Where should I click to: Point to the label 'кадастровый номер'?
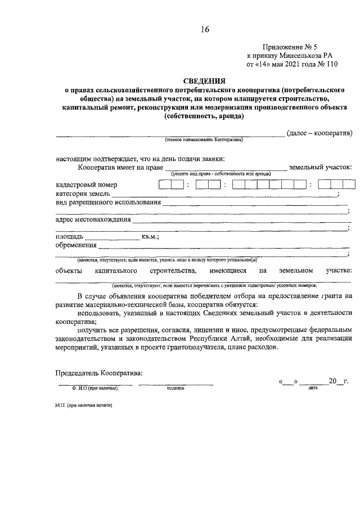coord(87,184)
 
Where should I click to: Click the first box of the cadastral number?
coord(165,184)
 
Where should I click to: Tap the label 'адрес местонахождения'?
coord(93,220)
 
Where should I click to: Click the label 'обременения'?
coord(75,245)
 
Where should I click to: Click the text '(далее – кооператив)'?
coord(319,133)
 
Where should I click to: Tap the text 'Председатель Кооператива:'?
coord(98,373)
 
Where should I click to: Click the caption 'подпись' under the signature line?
coord(175,388)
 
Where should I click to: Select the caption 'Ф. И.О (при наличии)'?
coord(94,388)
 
